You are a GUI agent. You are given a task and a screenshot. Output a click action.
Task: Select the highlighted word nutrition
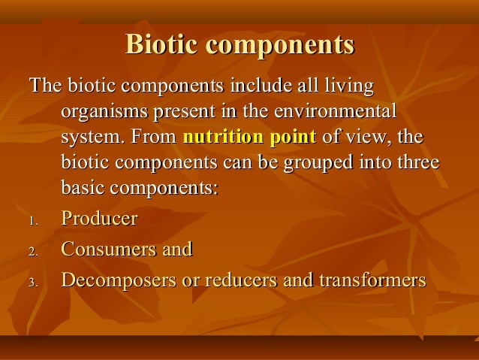[217, 138]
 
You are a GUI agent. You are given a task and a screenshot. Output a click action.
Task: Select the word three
[414, 163]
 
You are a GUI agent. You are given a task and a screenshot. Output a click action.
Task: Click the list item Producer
[99, 219]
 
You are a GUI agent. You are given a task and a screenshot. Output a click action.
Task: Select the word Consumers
[108, 249]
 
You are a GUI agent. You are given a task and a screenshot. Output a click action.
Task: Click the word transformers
[372, 280]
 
